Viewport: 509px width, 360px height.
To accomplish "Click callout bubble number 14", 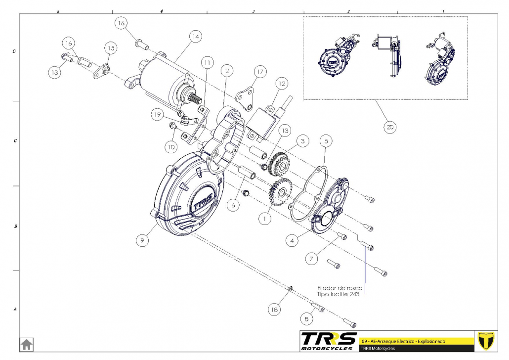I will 195,36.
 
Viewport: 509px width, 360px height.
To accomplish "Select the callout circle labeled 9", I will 142,240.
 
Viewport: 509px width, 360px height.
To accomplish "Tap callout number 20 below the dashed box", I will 390,127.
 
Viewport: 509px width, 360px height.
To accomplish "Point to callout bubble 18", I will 274,310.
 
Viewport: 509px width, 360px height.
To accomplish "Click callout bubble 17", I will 260,72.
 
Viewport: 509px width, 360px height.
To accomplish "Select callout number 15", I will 110,47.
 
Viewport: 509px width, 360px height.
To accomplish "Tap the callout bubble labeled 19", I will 157,114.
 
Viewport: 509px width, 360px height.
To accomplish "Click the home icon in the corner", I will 26,344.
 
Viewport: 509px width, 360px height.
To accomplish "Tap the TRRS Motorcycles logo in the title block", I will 329,341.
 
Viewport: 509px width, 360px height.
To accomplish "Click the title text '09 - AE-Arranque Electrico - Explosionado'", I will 403,341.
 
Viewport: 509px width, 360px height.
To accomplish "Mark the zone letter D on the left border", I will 15,51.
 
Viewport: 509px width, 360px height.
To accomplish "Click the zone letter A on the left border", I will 15,310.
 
